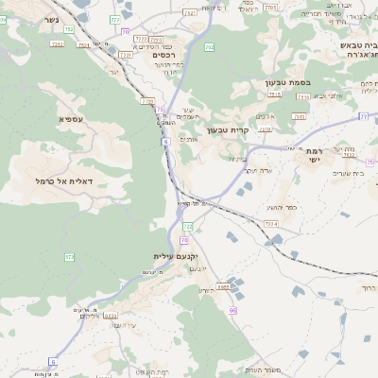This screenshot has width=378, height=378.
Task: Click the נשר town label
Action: coord(48,19)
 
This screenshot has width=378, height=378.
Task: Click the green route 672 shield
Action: coord(69,256)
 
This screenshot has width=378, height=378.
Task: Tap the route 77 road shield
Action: coord(363,116)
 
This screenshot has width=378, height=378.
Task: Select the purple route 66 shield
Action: coord(232,309)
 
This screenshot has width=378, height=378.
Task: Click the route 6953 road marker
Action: coord(224,285)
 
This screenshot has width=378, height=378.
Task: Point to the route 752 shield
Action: coord(69,30)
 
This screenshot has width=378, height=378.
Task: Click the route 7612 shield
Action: coord(190,12)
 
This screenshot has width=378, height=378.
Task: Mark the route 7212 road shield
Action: coord(146,100)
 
